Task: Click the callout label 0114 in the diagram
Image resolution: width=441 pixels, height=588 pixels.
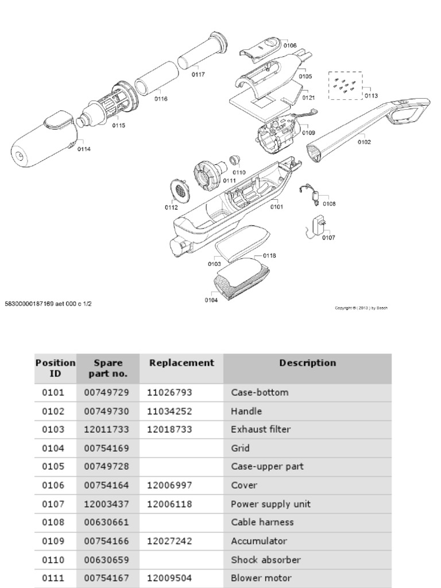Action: click(84, 149)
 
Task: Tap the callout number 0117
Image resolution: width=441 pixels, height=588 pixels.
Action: click(198, 74)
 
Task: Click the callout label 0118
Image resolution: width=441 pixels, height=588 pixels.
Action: click(269, 255)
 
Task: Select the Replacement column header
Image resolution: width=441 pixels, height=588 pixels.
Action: click(181, 363)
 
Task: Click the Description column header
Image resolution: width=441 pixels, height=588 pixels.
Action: click(308, 363)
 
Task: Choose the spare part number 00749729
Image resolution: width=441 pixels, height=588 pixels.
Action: click(107, 393)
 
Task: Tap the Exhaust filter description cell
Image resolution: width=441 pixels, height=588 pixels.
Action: click(261, 430)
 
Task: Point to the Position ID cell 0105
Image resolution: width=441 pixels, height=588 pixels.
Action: click(53, 466)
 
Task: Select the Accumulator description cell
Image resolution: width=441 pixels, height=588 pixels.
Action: click(258, 541)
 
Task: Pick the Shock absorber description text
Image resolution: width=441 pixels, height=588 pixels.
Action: click(266, 560)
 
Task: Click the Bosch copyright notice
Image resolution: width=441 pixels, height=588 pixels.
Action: click(361, 308)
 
